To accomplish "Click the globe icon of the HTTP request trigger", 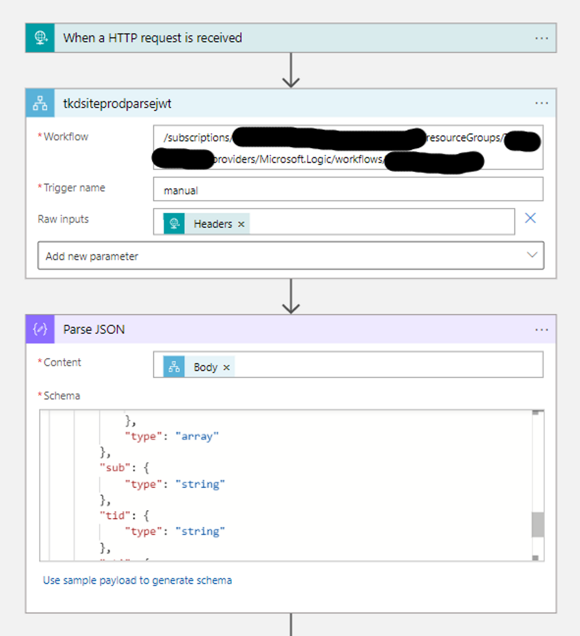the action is (40, 38).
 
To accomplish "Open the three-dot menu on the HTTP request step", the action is (541, 38).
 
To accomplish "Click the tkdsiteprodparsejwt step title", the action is (117, 103).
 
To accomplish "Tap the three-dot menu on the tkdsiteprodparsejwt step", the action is (541, 103).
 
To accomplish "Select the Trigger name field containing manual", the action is (348, 189).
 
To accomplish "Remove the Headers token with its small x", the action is (241, 224).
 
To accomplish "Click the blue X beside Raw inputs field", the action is (530, 218).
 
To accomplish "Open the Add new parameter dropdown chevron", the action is (532, 255).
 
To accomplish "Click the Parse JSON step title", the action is (94, 330).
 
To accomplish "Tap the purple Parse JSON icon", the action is (40, 330).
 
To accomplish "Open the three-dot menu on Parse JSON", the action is (541, 330).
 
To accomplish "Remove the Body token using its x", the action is (226, 368).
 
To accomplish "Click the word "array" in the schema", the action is (197, 436).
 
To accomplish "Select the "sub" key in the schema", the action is (115, 468).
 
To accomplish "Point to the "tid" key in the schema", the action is (115, 516).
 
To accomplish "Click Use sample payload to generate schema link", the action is (137, 580).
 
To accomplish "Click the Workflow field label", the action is (66, 137).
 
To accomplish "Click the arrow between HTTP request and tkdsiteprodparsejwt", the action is (290, 71).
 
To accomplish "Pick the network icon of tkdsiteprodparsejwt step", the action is (40, 103).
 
